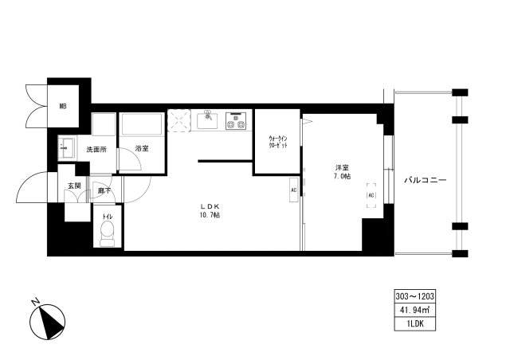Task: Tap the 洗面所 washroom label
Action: pyautogui.click(x=96, y=149)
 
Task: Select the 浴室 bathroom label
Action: pyautogui.click(x=142, y=149)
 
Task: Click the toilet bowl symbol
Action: pyautogui.click(x=108, y=232)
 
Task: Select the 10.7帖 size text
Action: pyautogui.click(x=210, y=216)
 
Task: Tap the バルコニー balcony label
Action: pyautogui.click(x=424, y=181)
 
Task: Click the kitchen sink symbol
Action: pyautogui.click(x=208, y=121)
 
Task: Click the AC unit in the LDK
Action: pyautogui.click(x=293, y=190)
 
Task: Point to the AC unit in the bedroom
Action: pyautogui.click(x=371, y=194)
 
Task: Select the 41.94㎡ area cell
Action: pyautogui.click(x=414, y=309)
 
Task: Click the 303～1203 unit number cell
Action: pyautogui.click(x=414, y=295)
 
